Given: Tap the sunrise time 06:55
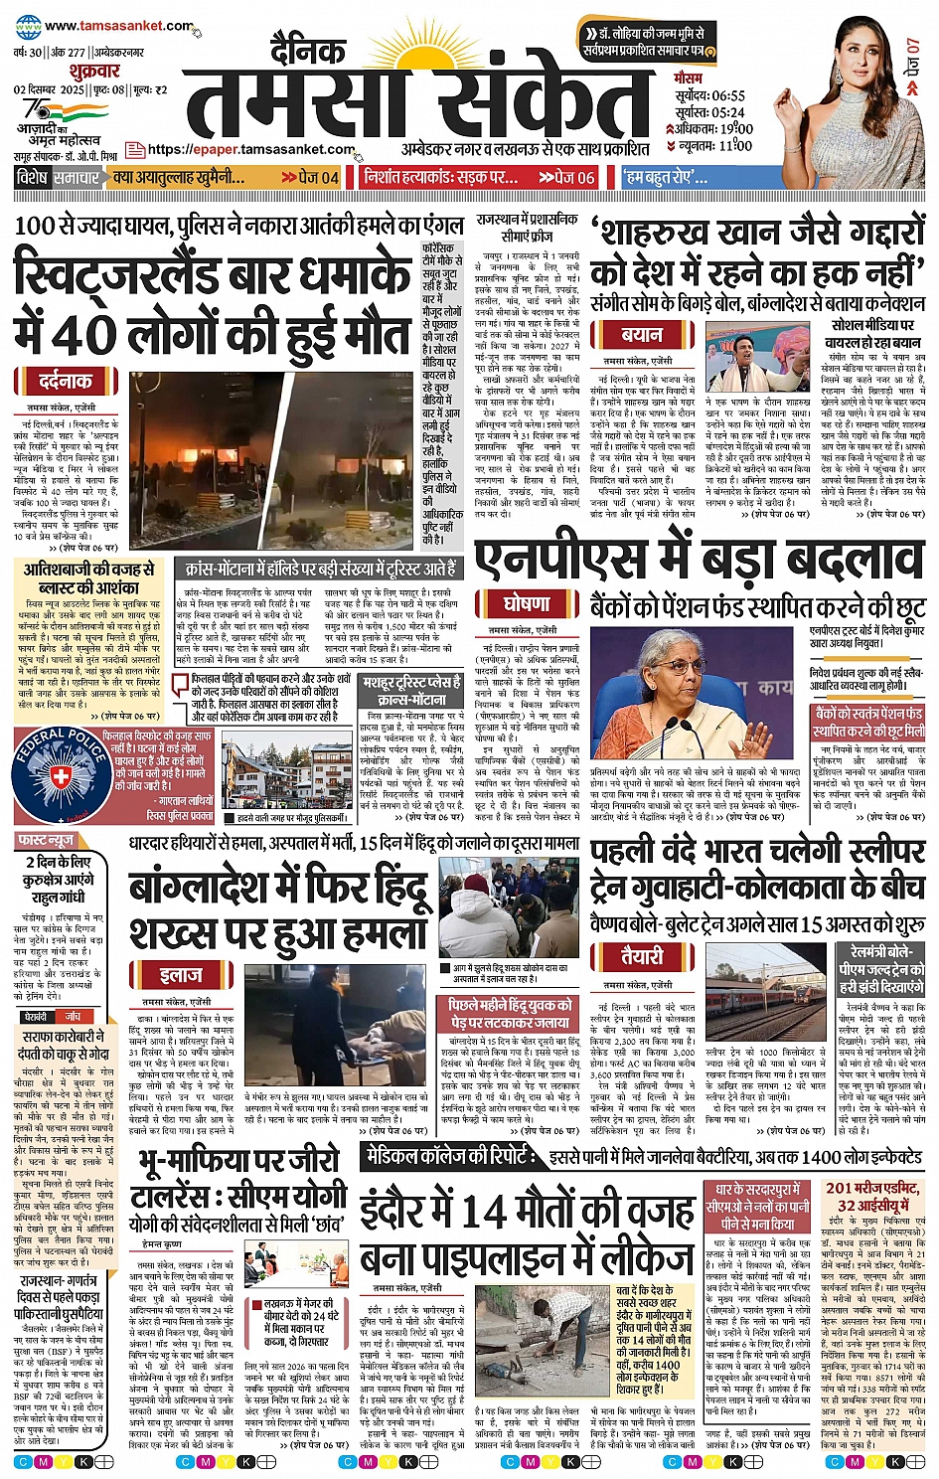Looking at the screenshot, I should [x=728, y=96].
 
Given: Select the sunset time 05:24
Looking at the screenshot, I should [x=728, y=112].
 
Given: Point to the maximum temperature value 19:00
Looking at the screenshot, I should [x=736, y=129].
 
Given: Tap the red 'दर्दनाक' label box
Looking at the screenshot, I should [x=66, y=382].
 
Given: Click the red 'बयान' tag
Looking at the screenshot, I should [x=642, y=335].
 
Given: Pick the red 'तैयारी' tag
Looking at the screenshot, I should [x=642, y=956].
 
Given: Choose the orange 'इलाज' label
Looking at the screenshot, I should [x=182, y=975].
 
